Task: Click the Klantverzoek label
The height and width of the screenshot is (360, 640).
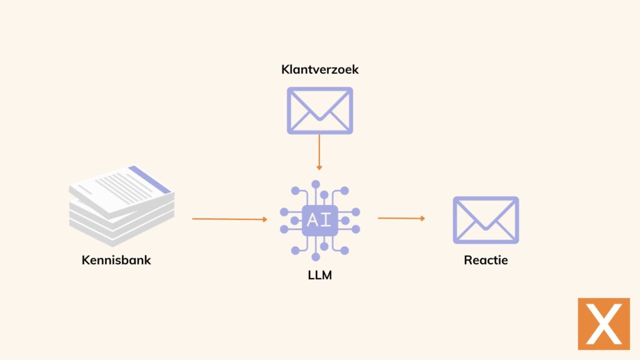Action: click(x=320, y=69)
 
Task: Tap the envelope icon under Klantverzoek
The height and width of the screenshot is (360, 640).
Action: click(x=319, y=111)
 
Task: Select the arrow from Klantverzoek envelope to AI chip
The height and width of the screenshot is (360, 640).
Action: click(x=319, y=151)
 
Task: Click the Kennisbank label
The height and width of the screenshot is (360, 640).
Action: click(x=116, y=260)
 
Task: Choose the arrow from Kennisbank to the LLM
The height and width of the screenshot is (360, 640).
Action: click(x=229, y=219)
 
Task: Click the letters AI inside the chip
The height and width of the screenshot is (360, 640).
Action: click(x=320, y=220)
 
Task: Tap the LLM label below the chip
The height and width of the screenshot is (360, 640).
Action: click(x=320, y=274)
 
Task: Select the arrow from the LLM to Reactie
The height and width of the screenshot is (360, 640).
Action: click(x=401, y=218)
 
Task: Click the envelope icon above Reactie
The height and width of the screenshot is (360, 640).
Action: click(x=486, y=220)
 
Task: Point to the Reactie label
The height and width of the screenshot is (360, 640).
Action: click(x=486, y=260)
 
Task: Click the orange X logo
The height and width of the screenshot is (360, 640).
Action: click(x=603, y=323)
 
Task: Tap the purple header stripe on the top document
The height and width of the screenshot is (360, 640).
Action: click(x=149, y=178)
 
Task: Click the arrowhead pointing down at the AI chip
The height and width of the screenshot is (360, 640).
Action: click(x=319, y=167)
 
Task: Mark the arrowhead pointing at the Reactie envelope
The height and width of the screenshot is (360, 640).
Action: click(x=422, y=218)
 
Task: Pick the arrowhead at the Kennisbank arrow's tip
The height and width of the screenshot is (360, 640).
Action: click(x=264, y=219)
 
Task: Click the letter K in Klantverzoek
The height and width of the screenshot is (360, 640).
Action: click(x=285, y=69)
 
